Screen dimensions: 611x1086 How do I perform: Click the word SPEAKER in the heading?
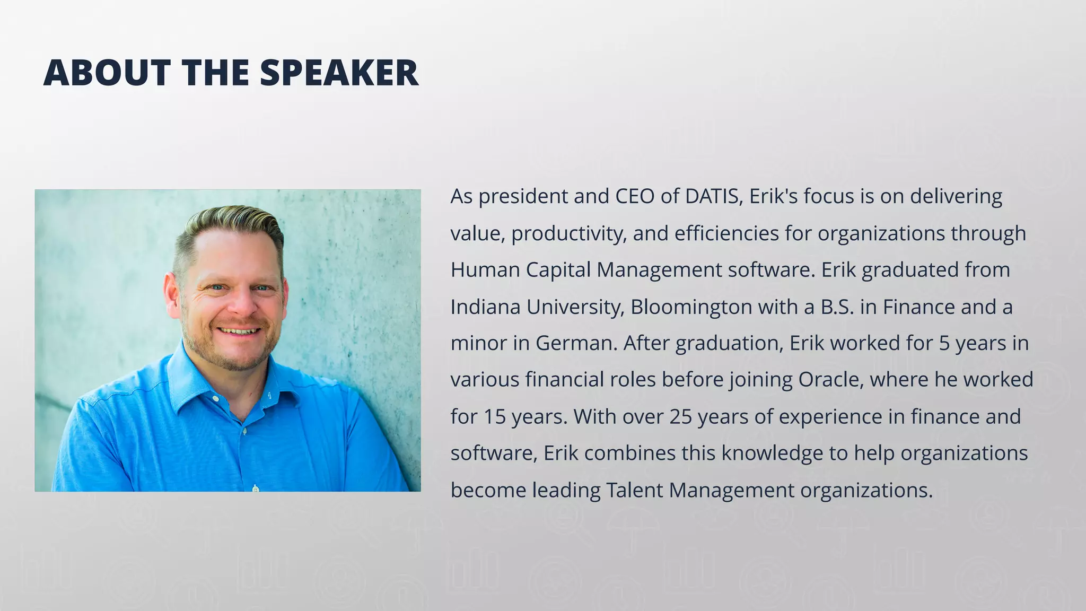pos(339,73)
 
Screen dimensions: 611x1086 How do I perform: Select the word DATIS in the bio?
pos(713,197)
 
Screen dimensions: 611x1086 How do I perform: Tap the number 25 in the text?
pos(680,417)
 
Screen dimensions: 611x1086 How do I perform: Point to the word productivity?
pos(568,234)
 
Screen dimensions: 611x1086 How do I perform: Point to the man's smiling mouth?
pos(239,331)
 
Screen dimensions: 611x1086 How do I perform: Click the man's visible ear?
pos(172,294)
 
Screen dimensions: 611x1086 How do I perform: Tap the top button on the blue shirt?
pos(215,398)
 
